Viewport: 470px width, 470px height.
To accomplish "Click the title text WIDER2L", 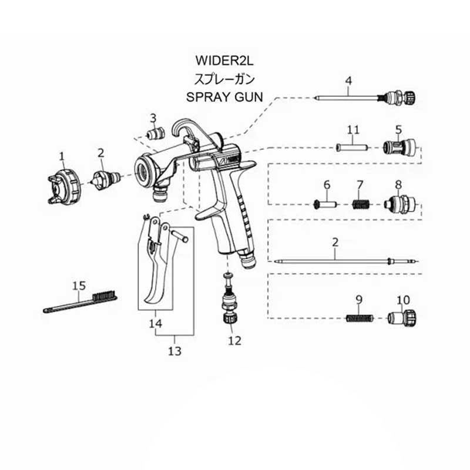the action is click(224, 61).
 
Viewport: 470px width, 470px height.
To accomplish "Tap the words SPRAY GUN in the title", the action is click(224, 97).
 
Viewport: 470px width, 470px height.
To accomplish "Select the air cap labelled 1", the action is click(65, 186).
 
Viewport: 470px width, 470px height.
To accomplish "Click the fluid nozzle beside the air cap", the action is click(107, 180).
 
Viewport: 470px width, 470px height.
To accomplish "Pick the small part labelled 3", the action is click(156, 133).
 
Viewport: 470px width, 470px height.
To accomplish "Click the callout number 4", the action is click(348, 80).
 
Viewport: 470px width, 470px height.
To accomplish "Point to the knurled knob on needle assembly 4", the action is click(409, 97).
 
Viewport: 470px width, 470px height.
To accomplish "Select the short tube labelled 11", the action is click(352, 147).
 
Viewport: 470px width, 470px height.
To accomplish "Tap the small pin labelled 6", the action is click(325, 204).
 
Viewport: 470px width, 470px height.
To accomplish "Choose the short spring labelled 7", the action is click(361, 205).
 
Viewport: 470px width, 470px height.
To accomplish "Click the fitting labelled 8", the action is click(401, 204).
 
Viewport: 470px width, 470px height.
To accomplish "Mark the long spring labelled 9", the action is click(360, 318).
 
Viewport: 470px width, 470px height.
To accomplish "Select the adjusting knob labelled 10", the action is click(402, 318).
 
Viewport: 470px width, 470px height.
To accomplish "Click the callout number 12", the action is click(234, 341).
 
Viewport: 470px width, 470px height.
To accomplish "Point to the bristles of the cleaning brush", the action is click(105, 296).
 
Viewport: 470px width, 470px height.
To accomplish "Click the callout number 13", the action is click(174, 351).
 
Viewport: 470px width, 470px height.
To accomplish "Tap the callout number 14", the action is click(156, 324).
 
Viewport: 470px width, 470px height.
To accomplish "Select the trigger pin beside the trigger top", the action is click(179, 235).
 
